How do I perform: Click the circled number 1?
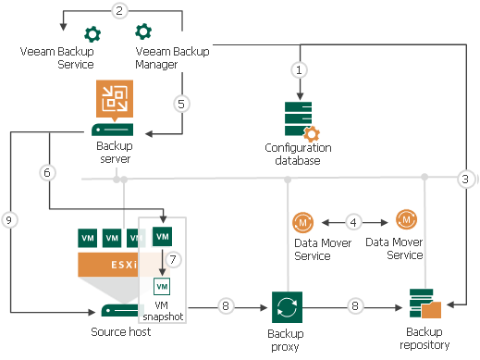click(299, 69)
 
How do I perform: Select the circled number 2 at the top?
click(118, 11)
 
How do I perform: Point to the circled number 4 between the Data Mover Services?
click(354, 222)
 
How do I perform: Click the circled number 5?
click(183, 104)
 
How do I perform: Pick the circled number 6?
click(47, 172)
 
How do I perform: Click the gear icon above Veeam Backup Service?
click(92, 34)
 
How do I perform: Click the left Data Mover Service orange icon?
click(303, 222)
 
